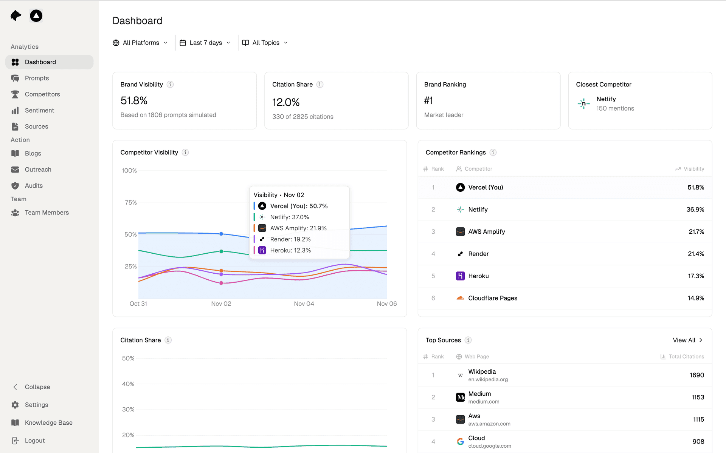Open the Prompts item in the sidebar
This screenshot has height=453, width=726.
coord(37,78)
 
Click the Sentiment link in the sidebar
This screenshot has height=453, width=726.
coord(39,110)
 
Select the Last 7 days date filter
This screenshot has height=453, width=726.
coord(205,43)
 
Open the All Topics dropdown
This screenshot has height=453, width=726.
coord(265,43)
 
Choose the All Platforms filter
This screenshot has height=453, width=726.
coord(140,43)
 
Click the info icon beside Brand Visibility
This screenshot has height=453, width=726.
coord(170,84)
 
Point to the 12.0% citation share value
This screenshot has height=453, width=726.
coord(286,102)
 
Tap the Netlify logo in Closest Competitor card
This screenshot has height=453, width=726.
coord(583,104)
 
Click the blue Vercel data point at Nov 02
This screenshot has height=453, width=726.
coord(221,234)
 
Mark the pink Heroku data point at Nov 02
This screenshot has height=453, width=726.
coord(221,283)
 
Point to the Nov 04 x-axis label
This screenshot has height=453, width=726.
coord(304,304)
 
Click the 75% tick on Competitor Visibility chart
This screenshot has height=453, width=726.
coord(131,202)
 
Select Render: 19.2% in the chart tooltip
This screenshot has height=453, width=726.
coord(290,239)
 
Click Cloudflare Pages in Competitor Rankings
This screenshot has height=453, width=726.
coord(492,298)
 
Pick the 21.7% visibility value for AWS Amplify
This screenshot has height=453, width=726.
coord(696,231)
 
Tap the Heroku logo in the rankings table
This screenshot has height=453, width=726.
coord(460,276)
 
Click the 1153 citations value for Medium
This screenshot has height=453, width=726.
coord(698,397)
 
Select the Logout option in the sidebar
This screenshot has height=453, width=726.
coord(34,441)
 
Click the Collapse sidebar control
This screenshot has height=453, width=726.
coord(37,387)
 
